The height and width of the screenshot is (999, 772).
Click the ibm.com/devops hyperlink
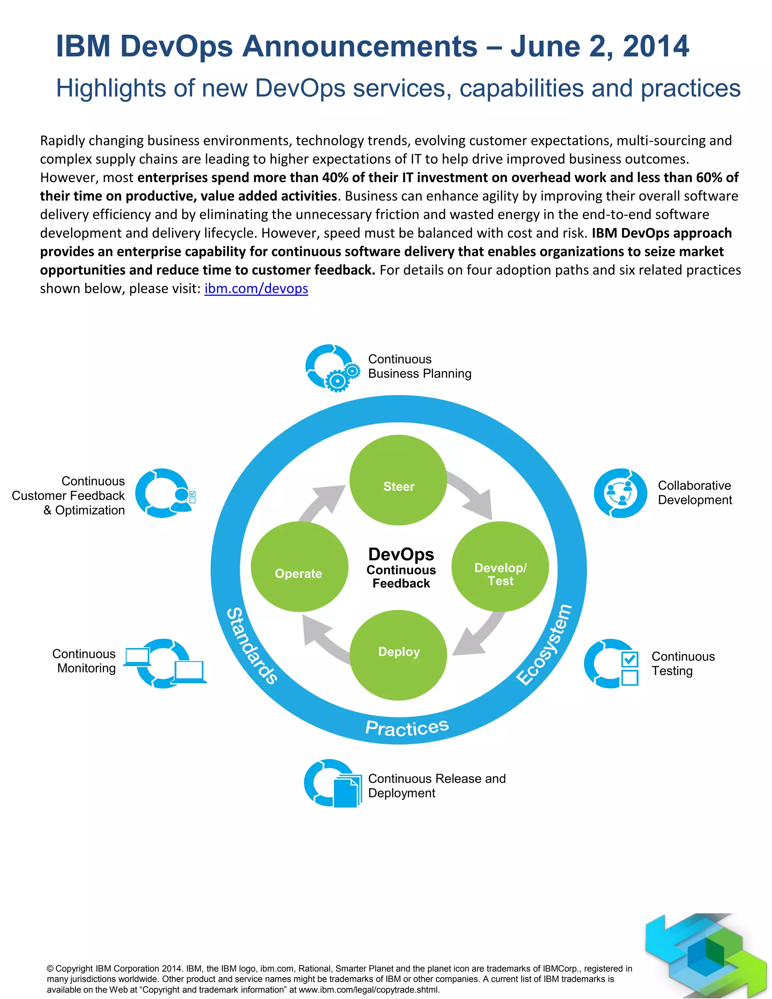(x=256, y=289)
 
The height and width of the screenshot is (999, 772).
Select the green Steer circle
(x=398, y=480)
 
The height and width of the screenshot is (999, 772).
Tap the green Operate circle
(x=299, y=567)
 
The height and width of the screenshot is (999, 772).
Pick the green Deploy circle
(x=398, y=655)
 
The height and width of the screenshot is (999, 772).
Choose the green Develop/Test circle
(x=500, y=567)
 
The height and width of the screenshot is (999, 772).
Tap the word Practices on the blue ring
(x=407, y=727)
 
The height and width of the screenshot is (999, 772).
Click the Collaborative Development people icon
(x=620, y=493)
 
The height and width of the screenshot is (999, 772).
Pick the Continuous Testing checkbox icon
(x=612, y=664)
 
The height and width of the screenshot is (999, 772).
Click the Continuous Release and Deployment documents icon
(x=333, y=784)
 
